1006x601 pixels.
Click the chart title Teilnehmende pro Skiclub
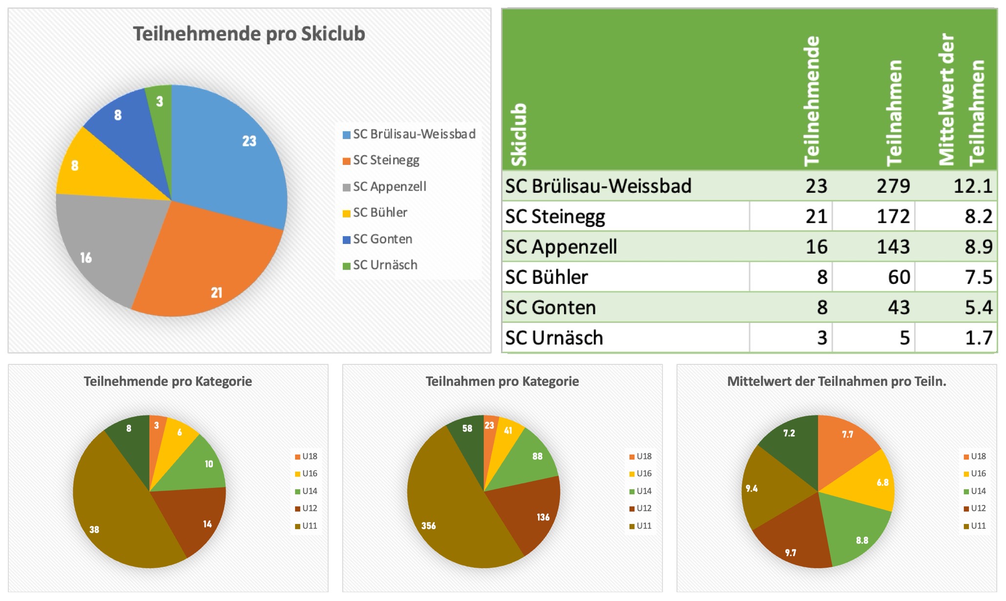click(249, 34)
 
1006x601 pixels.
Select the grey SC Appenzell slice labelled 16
click(103, 244)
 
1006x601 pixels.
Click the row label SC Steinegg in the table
click(555, 217)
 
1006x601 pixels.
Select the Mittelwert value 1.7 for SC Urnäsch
click(978, 338)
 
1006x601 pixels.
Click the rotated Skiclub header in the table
click(519, 135)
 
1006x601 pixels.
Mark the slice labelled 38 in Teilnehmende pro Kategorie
click(112, 517)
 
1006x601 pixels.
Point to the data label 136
click(543, 517)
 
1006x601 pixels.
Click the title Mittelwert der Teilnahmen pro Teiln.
click(836, 381)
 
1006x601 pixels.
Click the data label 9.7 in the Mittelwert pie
click(791, 553)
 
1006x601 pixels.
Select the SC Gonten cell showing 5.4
click(978, 307)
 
